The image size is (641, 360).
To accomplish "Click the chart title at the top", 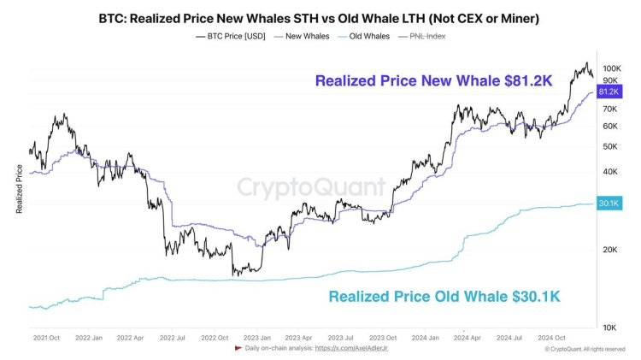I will click(320, 16).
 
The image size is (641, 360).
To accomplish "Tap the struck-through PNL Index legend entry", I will click(426, 36).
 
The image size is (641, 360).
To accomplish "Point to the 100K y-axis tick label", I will click(610, 68).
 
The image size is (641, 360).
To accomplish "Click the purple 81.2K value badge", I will click(609, 91).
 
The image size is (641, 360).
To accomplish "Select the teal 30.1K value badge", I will click(609, 204).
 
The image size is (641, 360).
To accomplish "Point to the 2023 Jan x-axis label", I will click(259, 338).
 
